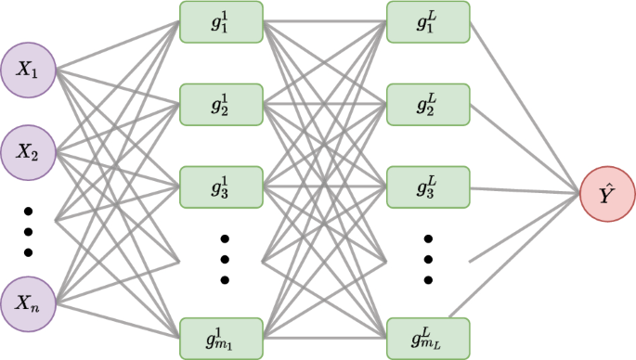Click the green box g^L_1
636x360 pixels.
pos(428,22)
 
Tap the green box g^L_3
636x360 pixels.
pos(428,186)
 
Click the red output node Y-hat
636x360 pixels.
pos(607,196)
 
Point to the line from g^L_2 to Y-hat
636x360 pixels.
pos(525,148)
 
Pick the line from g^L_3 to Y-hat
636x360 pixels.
pos(525,191)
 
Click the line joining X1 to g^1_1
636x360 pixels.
pos(119,45)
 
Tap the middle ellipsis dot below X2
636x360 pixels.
pos(28,231)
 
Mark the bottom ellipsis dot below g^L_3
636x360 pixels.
pos(429,279)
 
